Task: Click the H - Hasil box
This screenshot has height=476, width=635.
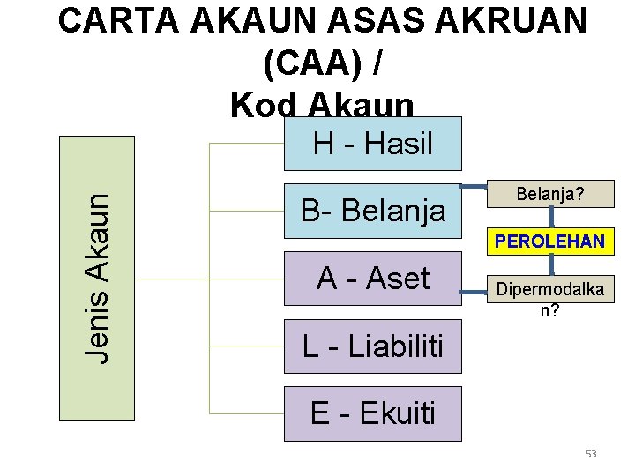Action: (372, 145)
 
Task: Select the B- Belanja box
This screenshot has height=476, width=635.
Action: (372, 212)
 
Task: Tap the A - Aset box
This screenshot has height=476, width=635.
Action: (372, 279)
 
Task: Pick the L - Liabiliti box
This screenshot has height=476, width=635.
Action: (372, 346)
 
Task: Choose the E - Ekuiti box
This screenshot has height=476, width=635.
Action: (372, 413)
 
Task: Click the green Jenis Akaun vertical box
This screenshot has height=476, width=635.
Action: (96, 278)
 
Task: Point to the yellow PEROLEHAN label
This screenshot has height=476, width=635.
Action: (549, 241)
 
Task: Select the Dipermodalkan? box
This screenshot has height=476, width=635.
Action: (551, 298)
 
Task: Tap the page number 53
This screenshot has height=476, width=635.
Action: (591, 454)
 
